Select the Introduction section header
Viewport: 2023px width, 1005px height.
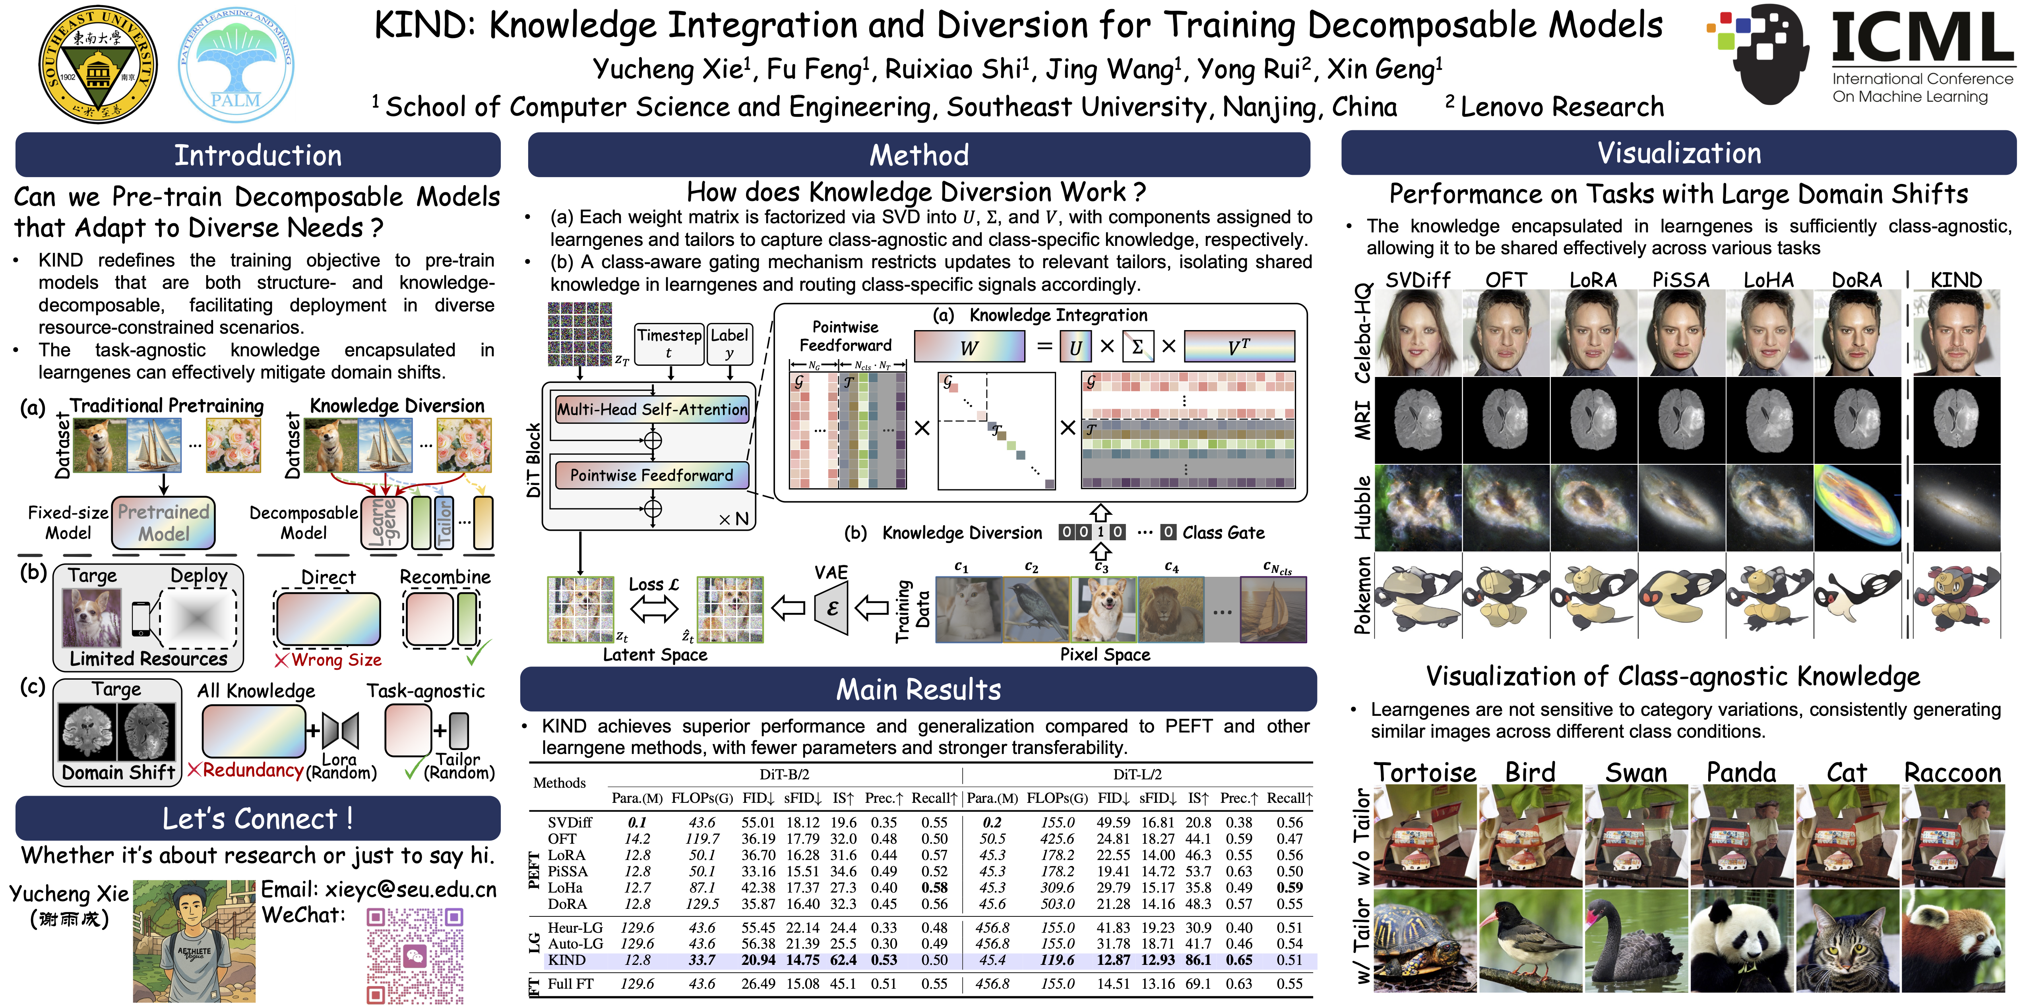258,155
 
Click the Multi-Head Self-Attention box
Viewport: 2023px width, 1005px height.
652,409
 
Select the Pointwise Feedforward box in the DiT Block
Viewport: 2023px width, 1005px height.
652,475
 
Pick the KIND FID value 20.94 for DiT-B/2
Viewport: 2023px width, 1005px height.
758,960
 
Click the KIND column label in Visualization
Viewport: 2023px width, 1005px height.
1956,280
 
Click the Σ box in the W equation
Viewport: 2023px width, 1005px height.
1137,346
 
